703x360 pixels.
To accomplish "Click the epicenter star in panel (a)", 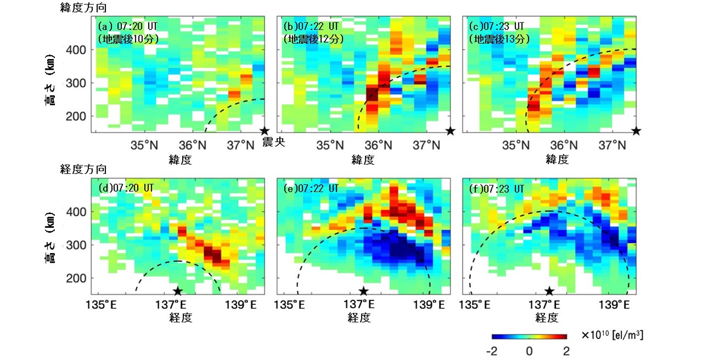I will [x=265, y=131].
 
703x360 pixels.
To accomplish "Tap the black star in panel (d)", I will [x=178, y=291].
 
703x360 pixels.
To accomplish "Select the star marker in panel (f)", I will [x=549, y=291].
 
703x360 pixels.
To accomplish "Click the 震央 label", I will [x=273, y=142].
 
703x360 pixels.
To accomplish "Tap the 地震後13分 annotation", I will [x=499, y=39].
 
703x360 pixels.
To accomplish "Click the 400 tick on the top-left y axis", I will [x=80, y=50].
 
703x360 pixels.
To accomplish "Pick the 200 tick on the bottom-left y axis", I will [x=80, y=278].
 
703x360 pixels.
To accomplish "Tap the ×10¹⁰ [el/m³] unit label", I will [x=612, y=335].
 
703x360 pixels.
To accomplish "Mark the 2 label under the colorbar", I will [x=566, y=351].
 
